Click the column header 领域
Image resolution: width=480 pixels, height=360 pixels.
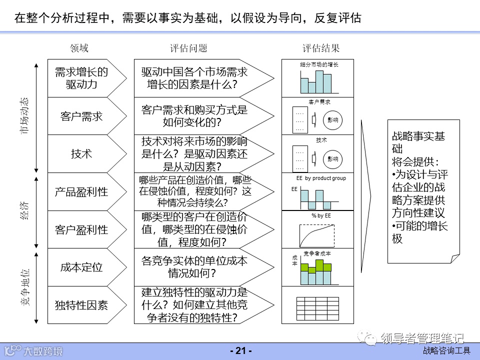pyautogui.click(x=79, y=48)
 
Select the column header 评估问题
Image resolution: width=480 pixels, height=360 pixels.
pyautogui.click(x=188, y=48)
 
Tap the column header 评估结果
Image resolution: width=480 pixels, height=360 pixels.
pyautogui.click(x=321, y=48)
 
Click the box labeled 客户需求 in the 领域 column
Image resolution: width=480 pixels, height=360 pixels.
pyautogui.click(x=81, y=116)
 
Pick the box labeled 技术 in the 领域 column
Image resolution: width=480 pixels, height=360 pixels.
pyautogui.click(x=81, y=153)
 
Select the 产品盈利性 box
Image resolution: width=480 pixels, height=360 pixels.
pyautogui.click(x=81, y=191)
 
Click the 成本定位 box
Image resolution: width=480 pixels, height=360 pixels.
pyautogui.click(x=81, y=267)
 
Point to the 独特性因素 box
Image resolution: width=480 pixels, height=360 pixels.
pyautogui.click(x=81, y=304)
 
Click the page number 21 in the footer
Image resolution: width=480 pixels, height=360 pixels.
pyautogui.click(x=240, y=351)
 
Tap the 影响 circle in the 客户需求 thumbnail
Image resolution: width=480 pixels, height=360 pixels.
pyautogui.click(x=332, y=120)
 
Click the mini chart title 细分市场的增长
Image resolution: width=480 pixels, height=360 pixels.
pyautogui.click(x=319, y=64)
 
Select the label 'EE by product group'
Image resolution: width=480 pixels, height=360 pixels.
pyautogui.click(x=321, y=178)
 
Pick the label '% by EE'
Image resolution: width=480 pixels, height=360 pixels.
pyautogui.click(x=321, y=215)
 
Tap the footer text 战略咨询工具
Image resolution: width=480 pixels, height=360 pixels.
pyautogui.click(x=446, y=351)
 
